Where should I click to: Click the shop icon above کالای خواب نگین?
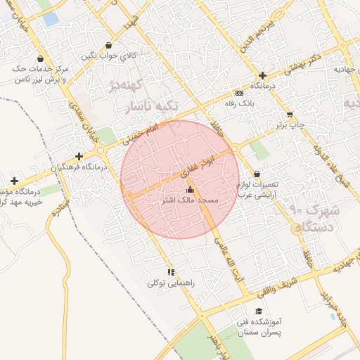108,45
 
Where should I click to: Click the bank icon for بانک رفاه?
240,93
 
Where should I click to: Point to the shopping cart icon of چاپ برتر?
290,114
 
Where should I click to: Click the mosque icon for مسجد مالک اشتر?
190,190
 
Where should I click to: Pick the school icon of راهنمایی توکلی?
170,272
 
